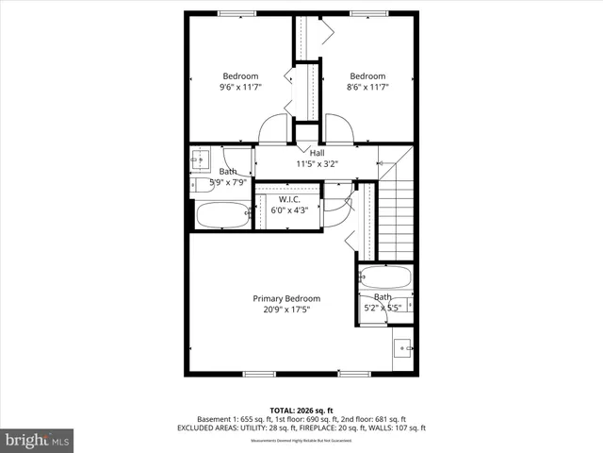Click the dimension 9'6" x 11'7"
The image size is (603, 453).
pos(240,88)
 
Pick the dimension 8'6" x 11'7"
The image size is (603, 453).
pos(367,88)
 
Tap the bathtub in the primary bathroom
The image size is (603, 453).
pos(386,277)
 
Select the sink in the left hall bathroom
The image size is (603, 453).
pos(200,160)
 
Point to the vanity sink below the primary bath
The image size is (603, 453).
pos(404,348)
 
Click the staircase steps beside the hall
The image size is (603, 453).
pos(396,212)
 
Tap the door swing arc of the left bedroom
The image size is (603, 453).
pos(273,130)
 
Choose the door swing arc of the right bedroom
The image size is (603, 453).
pos(339,129)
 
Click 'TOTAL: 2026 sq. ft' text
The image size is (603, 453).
pos(301,410)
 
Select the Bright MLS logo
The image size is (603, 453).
pos(38,440)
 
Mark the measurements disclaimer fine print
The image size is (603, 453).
pos(301,439)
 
